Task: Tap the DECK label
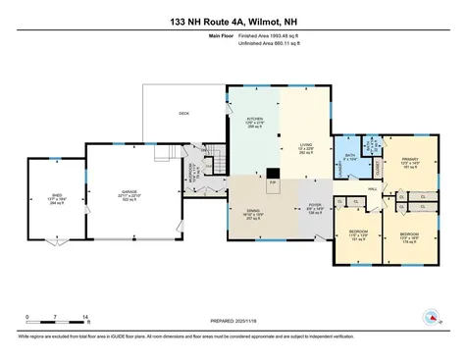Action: (x=183, y=113)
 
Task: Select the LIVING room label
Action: (x=306, y=145)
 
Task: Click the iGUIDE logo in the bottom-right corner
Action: (x=430, y=316)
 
